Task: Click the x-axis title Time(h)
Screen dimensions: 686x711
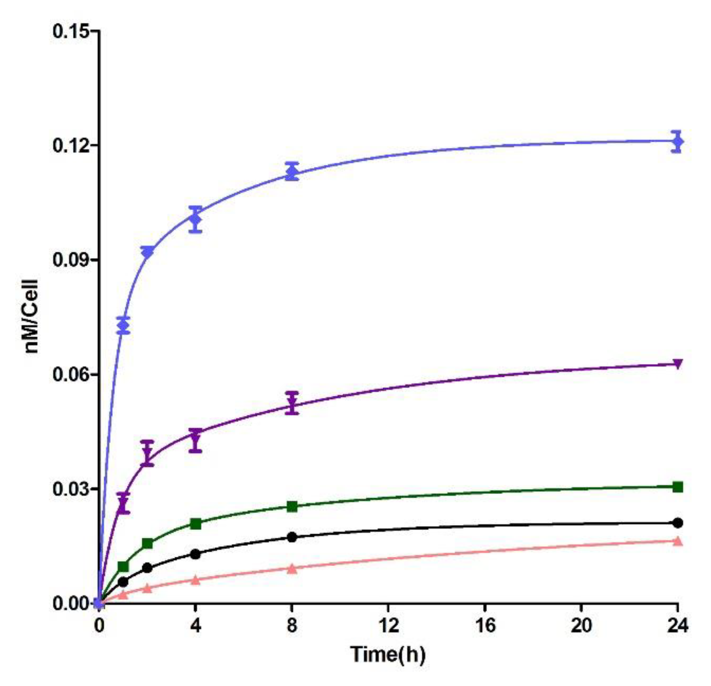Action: coord(388,654)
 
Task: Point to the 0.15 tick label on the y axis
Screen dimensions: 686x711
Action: coord(70,31)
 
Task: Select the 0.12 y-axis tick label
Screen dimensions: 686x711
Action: coord(70,146)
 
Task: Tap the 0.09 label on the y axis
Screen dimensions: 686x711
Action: coord(70,260)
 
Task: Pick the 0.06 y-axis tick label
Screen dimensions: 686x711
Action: coord(70,374)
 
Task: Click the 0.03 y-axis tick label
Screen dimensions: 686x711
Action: coord(70,489)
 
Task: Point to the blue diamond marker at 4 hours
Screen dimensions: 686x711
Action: coord(195,220)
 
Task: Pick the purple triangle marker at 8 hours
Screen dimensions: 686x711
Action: coord(292,402)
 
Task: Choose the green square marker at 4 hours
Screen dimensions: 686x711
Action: coord(195,524)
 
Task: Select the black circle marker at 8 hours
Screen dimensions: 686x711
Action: coord(292,537)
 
